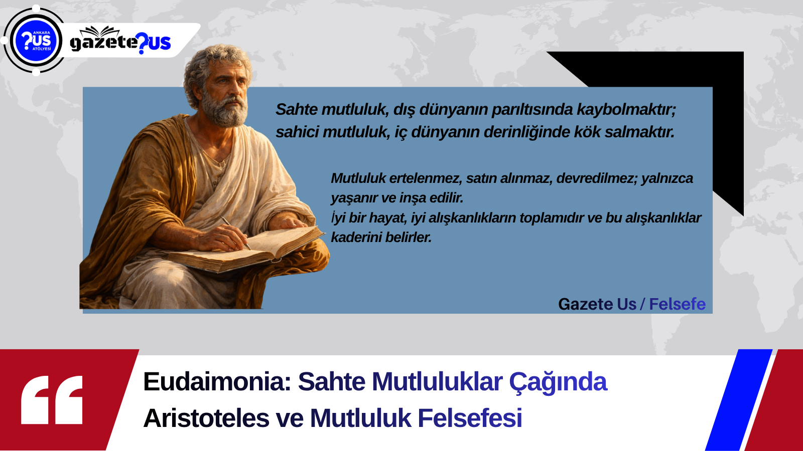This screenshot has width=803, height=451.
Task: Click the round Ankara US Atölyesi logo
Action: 36,41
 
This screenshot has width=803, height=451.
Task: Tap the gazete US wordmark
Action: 120,41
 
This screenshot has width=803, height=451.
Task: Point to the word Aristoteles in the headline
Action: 206,418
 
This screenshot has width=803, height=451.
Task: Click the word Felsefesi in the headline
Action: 470,418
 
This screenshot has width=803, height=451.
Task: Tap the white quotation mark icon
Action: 52,400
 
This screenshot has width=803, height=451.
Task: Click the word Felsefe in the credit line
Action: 677,304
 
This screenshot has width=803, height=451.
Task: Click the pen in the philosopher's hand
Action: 235,233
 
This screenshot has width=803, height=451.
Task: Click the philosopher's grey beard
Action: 225,109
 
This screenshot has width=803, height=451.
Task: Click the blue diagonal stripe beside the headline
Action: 739,400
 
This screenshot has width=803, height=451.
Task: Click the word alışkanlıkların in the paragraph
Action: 472,218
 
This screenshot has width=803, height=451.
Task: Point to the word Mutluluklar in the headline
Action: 437,382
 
